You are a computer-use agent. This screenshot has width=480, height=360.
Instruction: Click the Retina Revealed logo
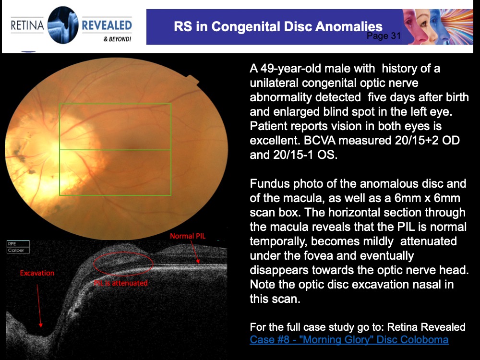(x=71, y=25)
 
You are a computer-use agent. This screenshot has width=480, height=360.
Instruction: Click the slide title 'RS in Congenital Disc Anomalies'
(x=278, y=26)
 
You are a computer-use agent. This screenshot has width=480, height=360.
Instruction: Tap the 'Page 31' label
(x=383, y=36)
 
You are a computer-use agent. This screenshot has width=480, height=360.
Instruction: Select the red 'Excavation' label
(x=37, y=273)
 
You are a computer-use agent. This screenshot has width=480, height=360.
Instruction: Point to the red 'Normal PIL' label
(x=187, y=236)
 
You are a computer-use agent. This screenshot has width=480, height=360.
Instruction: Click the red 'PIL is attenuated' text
(x=120, y=283)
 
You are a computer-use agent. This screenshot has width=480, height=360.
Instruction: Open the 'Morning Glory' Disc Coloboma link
(x=349, y=340)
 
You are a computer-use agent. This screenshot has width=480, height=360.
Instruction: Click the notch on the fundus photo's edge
(x=194, y=79)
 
